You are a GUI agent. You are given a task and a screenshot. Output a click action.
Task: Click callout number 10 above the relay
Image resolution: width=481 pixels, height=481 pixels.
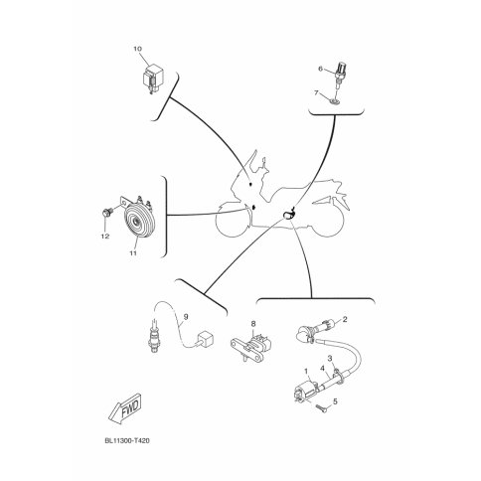[138, 49]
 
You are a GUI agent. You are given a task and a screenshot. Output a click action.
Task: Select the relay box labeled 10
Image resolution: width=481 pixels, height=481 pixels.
[153, 79]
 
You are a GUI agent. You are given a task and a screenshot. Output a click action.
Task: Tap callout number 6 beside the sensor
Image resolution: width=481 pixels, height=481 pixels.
[320, 69]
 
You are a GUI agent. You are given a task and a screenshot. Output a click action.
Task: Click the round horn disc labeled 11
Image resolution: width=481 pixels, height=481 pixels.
[139, 221]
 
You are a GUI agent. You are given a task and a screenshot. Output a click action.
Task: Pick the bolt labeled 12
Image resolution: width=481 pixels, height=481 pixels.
[106, 213]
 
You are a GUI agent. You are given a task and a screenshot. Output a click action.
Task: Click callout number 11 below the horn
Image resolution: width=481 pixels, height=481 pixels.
[133, 253]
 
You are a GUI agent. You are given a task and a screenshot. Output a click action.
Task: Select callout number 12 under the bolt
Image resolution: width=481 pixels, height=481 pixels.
[105, 237]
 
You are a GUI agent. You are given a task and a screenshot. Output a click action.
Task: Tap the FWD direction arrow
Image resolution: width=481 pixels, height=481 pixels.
[125, 408]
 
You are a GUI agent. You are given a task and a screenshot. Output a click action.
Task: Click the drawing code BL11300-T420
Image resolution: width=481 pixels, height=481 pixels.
[127, 441]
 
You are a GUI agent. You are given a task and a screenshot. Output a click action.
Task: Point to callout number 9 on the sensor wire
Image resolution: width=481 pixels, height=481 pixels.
[186, 317]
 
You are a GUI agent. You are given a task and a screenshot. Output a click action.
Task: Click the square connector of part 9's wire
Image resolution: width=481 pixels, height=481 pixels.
[204, 340]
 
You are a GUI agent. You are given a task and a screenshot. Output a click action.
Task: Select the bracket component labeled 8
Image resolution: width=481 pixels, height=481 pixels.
[250, 348]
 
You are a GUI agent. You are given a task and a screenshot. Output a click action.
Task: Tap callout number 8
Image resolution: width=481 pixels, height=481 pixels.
[253, 323]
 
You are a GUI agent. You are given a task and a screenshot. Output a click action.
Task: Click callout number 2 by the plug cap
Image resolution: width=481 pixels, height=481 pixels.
[345, 319]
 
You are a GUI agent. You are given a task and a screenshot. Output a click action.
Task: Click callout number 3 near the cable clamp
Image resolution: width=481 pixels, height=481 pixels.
[330, 358]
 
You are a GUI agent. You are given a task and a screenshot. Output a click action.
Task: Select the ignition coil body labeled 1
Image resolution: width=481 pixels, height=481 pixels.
[305, 392]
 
